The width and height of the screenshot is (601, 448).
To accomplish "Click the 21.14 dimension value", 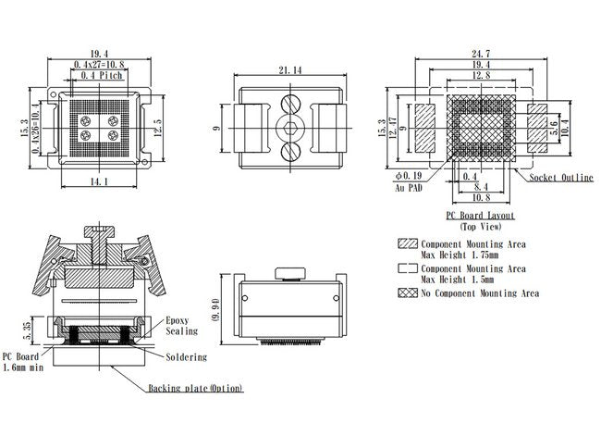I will [290, 69].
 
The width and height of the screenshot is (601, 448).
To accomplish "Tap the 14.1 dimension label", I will [100, 182].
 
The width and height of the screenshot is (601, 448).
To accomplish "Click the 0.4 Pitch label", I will [102, 76].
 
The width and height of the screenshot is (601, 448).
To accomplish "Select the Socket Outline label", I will [561, 178].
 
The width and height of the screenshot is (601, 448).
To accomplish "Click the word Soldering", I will [186, 357].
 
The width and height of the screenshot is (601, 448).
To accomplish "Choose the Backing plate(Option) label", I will [195, 389].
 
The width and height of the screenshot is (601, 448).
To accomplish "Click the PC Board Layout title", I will [480, 216].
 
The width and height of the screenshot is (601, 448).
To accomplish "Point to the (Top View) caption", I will [480, 226].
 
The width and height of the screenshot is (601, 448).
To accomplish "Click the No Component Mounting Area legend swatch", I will [407, 293].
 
